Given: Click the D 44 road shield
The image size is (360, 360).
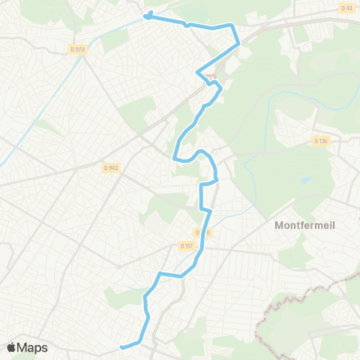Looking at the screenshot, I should pyautogui.click(x=346, y=8).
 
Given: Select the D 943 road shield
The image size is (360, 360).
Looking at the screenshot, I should pyautogui.click(x=112, y=168).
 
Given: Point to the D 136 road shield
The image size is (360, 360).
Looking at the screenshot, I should pyautogui.click(x=321, y=140).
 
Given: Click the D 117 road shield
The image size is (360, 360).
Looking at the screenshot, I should pyautogui.click(x=187, y=245).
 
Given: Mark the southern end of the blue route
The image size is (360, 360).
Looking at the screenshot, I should pyautogui.click(x=121, y=346).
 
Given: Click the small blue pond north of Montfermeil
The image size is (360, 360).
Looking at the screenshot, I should pyautogui.click(x=305, y=181).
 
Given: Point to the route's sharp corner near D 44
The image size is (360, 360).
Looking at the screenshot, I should pyautogui.click(x=238, y=43).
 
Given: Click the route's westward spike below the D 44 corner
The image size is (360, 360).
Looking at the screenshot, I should pyautogui.click(x=198, y=72).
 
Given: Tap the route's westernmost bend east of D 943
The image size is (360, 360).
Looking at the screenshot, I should pyautogui.click(x=174, y=157).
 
